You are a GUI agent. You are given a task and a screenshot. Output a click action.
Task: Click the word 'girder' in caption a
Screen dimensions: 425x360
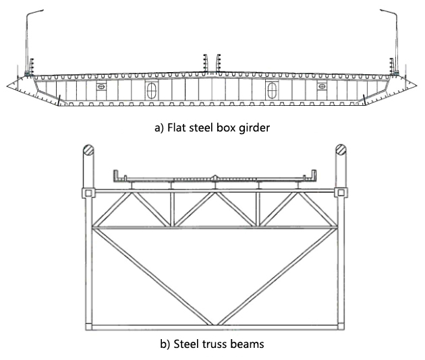point(254,127)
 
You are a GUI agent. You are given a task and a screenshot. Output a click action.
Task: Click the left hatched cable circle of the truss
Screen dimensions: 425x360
point(88,150)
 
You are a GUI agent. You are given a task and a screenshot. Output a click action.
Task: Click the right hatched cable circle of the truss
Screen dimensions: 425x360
point(341,150)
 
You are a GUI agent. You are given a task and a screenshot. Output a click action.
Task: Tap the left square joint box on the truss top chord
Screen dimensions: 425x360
point(88,193)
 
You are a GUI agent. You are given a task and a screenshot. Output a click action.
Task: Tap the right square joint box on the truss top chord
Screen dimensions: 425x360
point(341,193)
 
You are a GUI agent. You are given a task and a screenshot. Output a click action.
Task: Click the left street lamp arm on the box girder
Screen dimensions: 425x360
point(34,12)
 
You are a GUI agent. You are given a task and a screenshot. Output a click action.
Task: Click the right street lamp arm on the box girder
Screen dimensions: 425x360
point(389,12)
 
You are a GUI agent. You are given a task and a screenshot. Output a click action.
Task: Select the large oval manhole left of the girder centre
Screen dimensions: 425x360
point(152,91)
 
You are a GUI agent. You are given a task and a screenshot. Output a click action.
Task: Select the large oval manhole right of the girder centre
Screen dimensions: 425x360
point(271,91)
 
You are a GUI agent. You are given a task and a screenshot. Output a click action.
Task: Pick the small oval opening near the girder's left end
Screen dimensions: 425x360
point(101,87)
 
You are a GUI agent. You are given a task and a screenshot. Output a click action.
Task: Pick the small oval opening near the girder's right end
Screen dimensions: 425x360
point(322,87)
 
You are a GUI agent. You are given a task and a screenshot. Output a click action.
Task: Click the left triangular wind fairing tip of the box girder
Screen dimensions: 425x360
point(7,86)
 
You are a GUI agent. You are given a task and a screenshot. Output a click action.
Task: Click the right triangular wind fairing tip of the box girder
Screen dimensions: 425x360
point(417,86)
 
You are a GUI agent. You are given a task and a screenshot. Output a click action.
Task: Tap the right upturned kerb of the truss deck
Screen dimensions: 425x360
point(313,176)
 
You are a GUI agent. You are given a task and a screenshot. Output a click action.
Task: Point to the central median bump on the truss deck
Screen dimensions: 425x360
point(215,177)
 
